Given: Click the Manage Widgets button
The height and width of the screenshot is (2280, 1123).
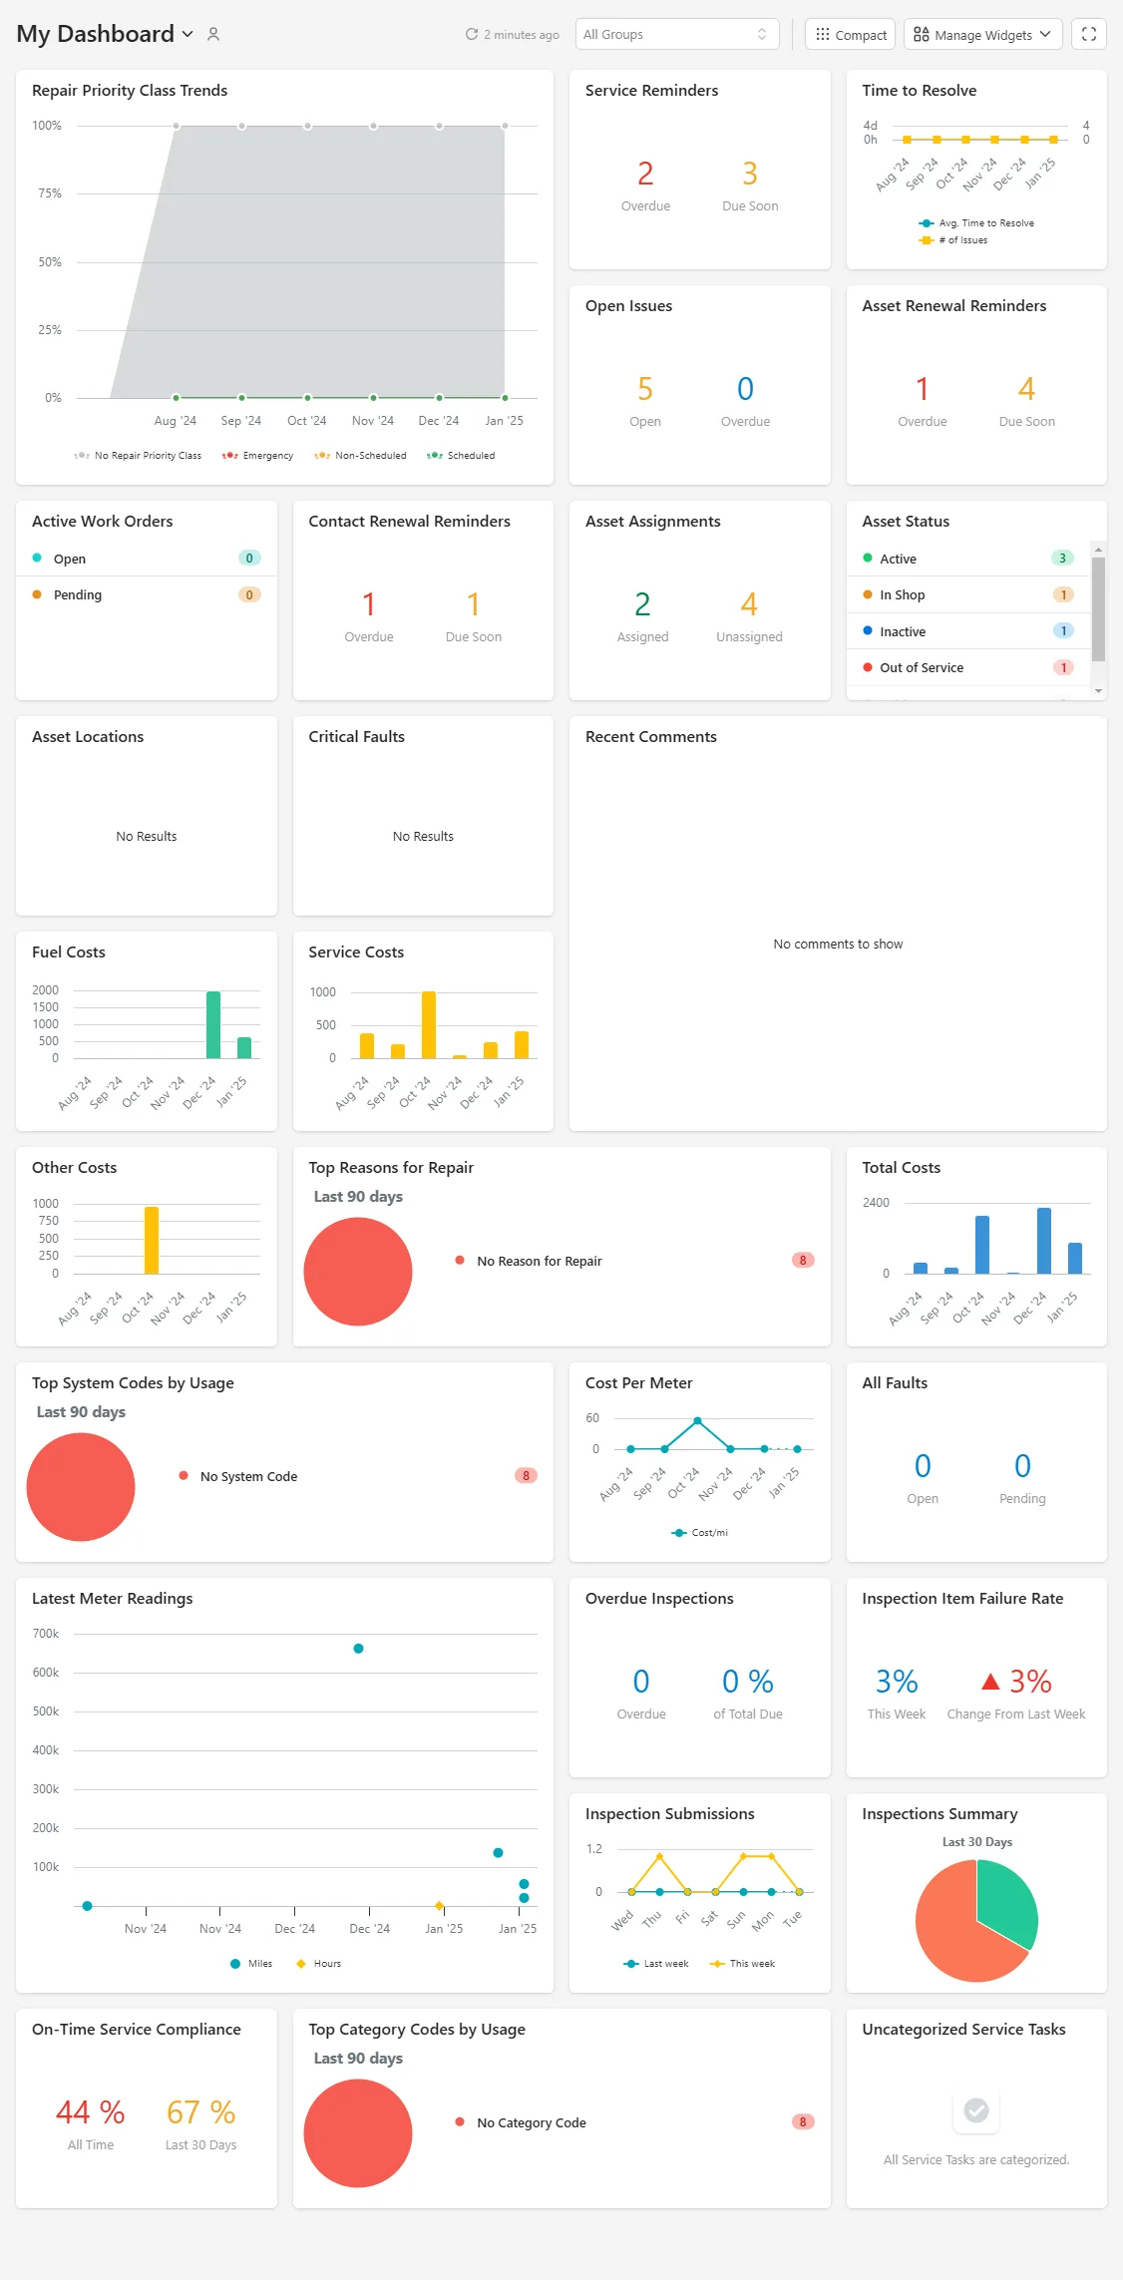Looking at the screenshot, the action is [982, 34].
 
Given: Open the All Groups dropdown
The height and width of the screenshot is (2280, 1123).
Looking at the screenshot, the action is [676, 34].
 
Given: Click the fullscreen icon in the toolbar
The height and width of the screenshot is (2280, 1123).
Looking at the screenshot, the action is [1088, 34].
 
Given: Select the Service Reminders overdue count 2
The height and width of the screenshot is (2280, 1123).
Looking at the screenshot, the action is [645, 174].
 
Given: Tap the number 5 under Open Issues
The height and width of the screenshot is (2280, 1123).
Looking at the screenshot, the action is [645, 389].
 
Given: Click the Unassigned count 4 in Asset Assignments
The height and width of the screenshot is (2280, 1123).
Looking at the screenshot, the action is [749, 604].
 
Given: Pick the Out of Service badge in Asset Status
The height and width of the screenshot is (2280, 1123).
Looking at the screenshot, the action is [1063, 668].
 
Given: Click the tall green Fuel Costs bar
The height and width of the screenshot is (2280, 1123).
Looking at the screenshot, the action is [213, 1024].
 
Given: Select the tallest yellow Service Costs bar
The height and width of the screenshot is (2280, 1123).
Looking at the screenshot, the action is [429, 1024].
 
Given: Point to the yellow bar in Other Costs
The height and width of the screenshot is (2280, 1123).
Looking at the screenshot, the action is [152, 1240].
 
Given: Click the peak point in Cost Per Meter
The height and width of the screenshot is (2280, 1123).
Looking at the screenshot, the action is [697, 1420].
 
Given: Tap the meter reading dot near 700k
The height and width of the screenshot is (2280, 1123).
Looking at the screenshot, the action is [358, 1649].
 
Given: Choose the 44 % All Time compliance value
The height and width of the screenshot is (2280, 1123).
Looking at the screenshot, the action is [91, 2112].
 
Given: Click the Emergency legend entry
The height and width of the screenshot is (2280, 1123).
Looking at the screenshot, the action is [257, 456].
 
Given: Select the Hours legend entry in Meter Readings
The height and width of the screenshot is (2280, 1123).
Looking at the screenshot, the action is [318, 1964].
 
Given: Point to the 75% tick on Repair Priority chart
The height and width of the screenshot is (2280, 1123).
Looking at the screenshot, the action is [50, 193].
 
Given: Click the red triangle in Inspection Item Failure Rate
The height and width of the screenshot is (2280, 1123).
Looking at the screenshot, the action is [990, 1682].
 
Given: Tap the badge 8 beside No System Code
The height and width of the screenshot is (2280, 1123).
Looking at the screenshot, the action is [526, 1476].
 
